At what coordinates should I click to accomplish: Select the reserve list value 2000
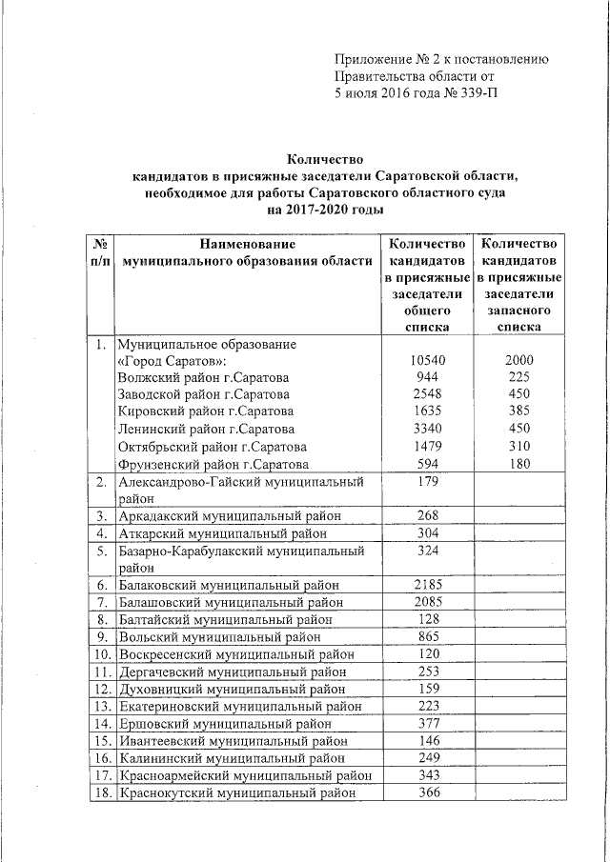tap(519, 360)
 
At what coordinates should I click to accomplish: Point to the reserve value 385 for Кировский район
tap(519, 411)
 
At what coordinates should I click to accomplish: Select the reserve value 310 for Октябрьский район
tap(519, 447)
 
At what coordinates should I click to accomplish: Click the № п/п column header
tap(98, 252)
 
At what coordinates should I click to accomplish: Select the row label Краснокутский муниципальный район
tap(236, 792)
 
